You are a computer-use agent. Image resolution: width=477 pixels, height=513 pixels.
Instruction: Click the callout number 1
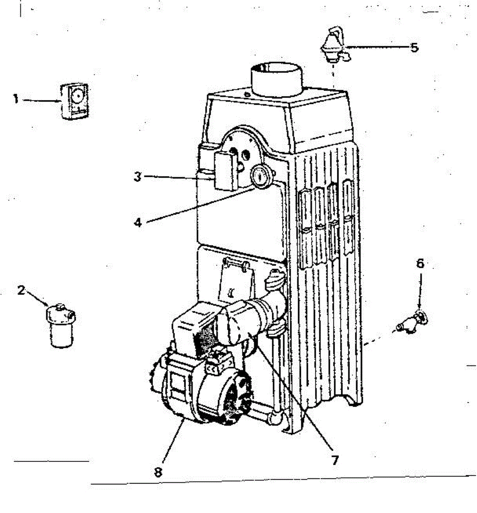pos(15,100)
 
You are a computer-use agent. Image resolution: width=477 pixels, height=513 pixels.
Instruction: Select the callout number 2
pos(21,290)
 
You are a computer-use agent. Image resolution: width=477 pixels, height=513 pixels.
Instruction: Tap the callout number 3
pos(137,177)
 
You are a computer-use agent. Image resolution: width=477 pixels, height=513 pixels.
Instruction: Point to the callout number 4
pos(138,222)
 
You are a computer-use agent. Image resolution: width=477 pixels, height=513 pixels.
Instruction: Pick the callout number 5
pos(414,47)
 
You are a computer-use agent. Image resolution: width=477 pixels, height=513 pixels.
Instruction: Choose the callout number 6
pos(420,264)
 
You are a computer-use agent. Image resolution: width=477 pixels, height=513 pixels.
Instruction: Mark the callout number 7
pos(335,460)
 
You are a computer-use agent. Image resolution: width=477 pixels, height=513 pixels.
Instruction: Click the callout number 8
pos(158,472)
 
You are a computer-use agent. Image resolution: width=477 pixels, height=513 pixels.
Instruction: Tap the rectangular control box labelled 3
pos(225,171)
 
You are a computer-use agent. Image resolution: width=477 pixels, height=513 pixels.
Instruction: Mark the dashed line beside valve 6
pos(379,336)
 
